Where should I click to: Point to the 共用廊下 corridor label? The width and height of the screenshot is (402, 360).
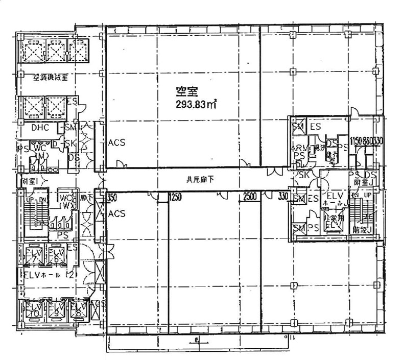click(x=196, y=179)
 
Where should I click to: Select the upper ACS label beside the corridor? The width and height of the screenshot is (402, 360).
click(x=116, y=143)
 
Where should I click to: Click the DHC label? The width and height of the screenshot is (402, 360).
click(x=39, y=128)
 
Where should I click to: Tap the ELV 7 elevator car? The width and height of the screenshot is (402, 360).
click(x=31, y=254)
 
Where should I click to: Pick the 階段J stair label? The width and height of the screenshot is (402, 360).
click(x=361, y=230)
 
